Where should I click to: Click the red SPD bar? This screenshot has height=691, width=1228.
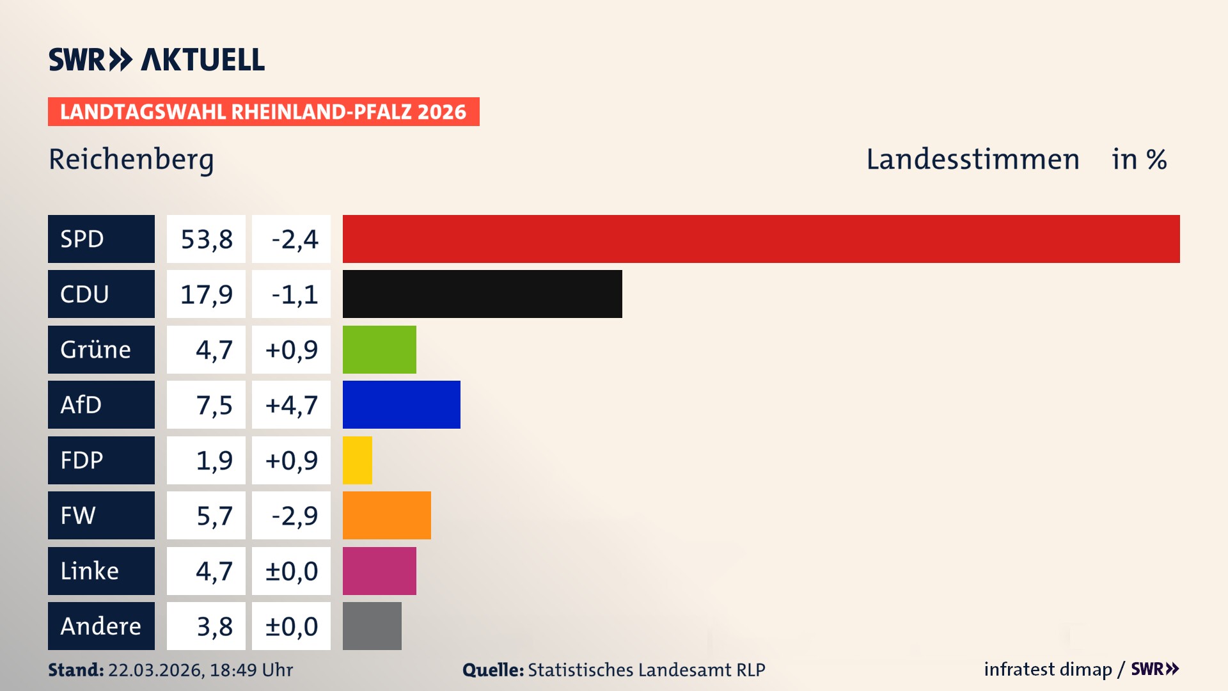761,239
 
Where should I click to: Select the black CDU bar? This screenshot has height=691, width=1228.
482,294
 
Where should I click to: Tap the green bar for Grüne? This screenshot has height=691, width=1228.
379,349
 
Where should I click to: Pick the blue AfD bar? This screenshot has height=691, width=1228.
401,404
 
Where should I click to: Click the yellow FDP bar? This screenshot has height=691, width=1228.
357,460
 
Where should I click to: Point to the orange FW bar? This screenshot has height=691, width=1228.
386,515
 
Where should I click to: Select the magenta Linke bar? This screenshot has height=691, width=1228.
379,571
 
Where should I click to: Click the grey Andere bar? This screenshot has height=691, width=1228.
372,626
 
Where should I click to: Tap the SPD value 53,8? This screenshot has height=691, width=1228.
206,239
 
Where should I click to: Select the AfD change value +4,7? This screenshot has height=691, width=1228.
292,404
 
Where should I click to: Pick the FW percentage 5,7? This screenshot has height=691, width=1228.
214,515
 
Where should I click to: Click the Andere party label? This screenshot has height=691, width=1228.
101,626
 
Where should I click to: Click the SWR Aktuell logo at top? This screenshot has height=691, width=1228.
156,60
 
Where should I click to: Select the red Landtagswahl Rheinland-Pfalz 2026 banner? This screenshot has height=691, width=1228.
264,111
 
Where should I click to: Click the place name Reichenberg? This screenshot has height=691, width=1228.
131,159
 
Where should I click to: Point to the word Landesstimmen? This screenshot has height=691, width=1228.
972,159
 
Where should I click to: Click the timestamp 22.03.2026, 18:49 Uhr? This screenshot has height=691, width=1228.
200,670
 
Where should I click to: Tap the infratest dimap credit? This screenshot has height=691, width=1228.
1048,669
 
